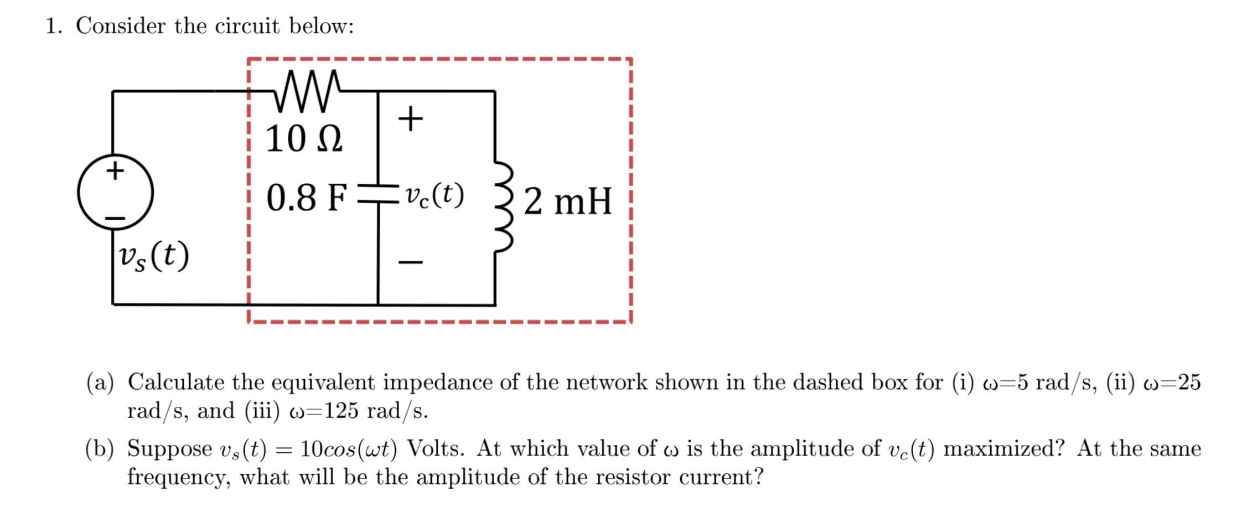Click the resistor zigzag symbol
[308, 90]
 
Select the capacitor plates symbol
[379, 194]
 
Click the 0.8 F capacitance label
[307, 198]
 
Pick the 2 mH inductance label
[568, 201]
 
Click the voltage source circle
[115, 192]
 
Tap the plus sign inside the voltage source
[115, 170]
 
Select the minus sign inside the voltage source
[115, 219]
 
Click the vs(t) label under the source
[154, 256]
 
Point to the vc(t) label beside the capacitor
[434, 195]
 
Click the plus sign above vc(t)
[410, 118]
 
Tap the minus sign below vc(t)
[410, 262]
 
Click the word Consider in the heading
[120, 26]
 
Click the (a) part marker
[100, 382]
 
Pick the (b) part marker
[100, 448]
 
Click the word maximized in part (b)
[1003, 448]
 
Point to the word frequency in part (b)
[178, 477]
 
